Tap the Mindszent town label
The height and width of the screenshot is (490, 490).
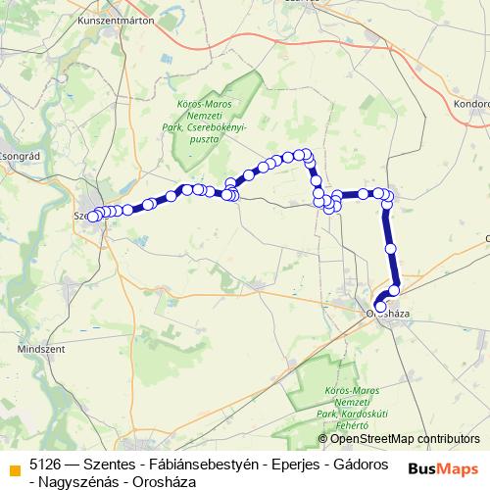click(38, 348)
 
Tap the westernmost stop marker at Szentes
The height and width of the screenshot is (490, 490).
click(93, 217)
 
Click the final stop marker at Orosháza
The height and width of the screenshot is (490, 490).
click(381, 307)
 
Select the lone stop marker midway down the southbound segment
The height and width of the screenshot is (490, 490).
click(391, 249)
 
